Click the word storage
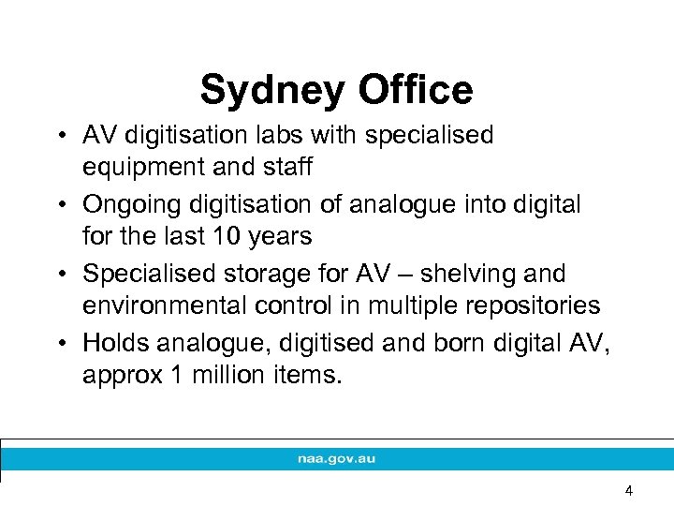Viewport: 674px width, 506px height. (258, 274)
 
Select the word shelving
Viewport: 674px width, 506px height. (465, 274)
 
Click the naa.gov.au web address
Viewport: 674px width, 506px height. (336, 459)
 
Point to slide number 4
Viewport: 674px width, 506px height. (629, 490)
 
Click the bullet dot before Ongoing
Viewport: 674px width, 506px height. (58, 204)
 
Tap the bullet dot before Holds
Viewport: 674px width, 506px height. (58, 343)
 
